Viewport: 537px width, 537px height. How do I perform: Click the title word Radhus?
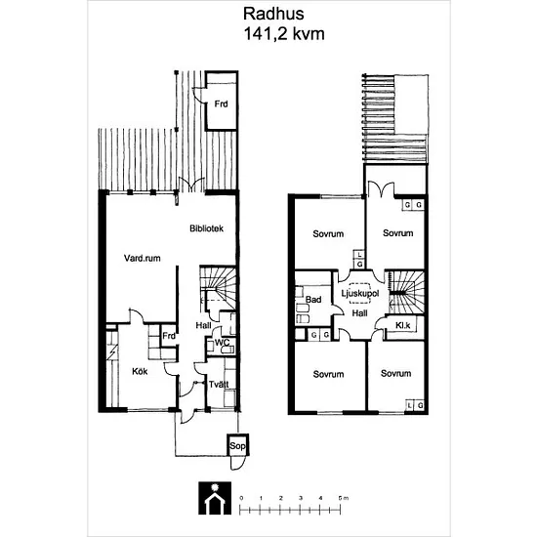pos(273,14)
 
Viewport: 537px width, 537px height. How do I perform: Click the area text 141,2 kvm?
pos(284,34)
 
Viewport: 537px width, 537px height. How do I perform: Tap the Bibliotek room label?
pos(207,228)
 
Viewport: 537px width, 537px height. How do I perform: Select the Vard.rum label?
pos(143,258)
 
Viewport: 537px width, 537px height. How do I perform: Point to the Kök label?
pos(140,371)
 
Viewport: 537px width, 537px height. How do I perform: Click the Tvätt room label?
pos(219,385)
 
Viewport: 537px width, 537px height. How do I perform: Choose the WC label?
pos(222,343)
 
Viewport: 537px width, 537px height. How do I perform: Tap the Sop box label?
pos(237,446)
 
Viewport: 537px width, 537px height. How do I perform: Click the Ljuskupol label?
pos(360,294)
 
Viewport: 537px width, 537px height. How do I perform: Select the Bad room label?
pos(313,300)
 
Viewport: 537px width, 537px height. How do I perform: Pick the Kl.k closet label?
pos(402,325)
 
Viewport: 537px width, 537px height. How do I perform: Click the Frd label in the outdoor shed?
pos(221,103)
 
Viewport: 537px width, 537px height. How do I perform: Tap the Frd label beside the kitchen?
pos(169,336)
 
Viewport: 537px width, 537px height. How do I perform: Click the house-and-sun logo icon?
pos(215,498)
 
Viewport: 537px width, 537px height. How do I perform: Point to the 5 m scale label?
pos(343,498)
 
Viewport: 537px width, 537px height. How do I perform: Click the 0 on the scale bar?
pos(241,498)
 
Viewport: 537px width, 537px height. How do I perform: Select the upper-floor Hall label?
pos(359,313)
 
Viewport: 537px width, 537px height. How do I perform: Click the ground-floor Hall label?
pos(203,325)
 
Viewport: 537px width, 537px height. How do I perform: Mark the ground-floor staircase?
pos(218,289)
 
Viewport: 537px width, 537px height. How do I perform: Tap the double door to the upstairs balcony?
pos(381,190)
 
